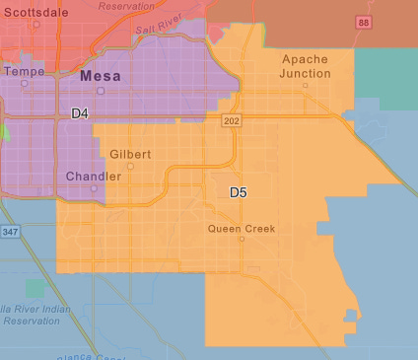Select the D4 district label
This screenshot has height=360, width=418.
[80, 114]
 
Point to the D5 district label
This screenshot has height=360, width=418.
[239, 191]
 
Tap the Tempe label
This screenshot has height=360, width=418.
[25, 71]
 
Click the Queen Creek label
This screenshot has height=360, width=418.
[242, 228]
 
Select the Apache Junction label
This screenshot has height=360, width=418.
[305, 66]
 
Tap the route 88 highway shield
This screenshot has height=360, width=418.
[364, 21]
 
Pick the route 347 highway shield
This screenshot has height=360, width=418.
[10, 231]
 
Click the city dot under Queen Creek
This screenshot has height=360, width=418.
[242, 239]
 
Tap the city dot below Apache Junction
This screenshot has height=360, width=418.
[305, 85]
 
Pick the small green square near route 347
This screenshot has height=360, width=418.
[35, 288]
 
